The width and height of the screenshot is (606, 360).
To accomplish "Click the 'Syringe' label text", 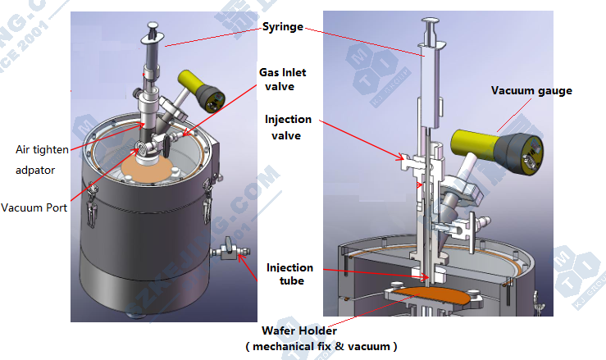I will coord(281,27).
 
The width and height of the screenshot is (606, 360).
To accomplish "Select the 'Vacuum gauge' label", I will coord(531,90).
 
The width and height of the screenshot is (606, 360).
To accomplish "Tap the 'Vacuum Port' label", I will coord(34,207).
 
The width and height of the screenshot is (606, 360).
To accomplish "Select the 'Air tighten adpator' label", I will coord(40,161).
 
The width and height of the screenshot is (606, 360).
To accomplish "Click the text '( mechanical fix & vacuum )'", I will coord(321,346).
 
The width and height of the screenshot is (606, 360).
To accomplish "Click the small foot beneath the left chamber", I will coord(132,315).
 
